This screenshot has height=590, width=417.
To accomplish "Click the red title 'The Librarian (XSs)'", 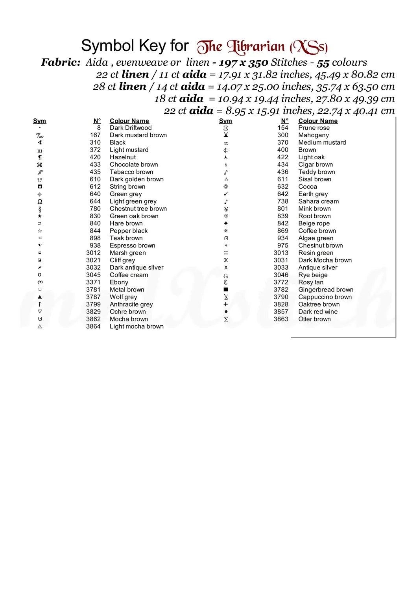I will pyautogui.click(x=262, y=47).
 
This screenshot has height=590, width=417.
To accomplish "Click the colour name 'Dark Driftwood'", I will pyautogui.click(x=131, y=128).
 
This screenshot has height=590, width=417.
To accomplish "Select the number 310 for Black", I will pyautogui.click(x=95, y=142).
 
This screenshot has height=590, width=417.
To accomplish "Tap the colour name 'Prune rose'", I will pyautogui.click(x=314, y=128).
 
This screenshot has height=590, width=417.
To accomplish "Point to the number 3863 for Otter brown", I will pyautogui.click(x=281, y=319).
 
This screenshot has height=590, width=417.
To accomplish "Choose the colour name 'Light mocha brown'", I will pyautogui.click(x=137, y=326).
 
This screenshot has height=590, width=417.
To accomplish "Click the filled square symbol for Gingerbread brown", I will pyautogui.click(x=226, y=289).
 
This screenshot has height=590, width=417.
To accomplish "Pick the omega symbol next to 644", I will pyautogui.click(x=40, y=201).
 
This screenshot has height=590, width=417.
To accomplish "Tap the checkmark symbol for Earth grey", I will pyautogui.click(x=226, y=194).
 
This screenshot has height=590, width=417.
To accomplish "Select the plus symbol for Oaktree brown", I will pyautogui.click(x=226, y=304).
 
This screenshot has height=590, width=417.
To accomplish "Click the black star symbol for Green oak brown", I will pyautogui.click(x=40, y=216).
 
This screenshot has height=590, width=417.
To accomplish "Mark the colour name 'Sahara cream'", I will pyautogui.click(x=318, y=201).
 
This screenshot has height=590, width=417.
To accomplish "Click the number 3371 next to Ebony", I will pyautogui.click(x=93, y=282).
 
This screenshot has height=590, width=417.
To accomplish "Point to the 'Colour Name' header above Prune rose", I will pyautogui.click(x=318, y=121).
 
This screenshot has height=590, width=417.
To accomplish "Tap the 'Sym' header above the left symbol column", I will pyautogui.click(x=39, y=121).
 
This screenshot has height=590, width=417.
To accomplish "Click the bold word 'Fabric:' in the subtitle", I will pyautogui.click(x=61, y=62).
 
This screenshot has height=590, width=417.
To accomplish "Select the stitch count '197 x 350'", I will pyautogui.click(x=244, y=63).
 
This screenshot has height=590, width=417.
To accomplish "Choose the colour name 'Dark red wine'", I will pyautogui.click(x=318, y=312).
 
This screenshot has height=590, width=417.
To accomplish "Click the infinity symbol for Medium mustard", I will pyautogui.click(x=226, y=143).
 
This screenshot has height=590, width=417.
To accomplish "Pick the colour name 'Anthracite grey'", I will pyautogui.click(x=131, y=304).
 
